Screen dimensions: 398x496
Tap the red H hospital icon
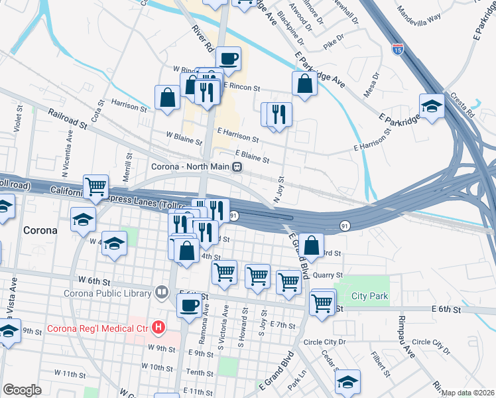click(158, 327)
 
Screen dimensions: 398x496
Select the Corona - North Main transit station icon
click(237, 167)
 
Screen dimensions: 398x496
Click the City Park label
click(370, 296)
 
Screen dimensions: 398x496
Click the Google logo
click(22, 390)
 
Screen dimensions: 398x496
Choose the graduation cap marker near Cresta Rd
click(432, 105)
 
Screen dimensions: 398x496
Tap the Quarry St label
click(328, 275)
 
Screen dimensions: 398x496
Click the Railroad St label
click(67, 119)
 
